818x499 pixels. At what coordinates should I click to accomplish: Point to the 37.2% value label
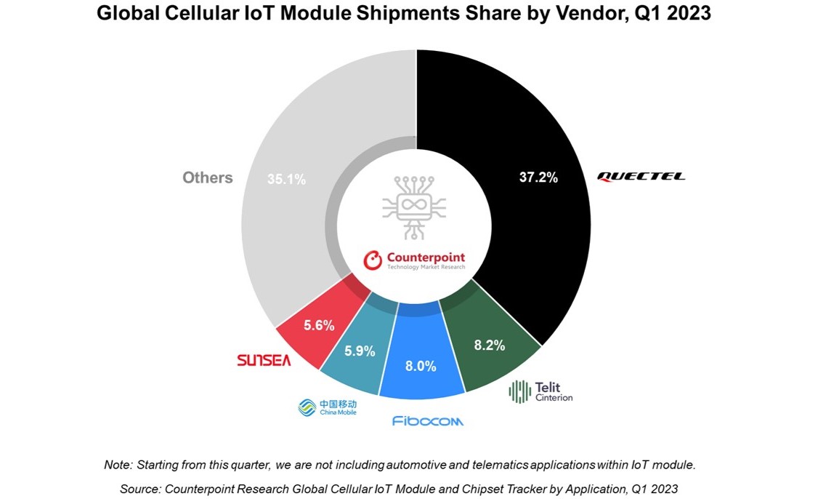[538, 177]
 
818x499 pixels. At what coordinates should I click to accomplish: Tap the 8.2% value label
[489, 346]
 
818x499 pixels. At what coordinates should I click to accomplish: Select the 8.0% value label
[421, 366]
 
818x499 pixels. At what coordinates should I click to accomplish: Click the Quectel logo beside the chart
[641, 177]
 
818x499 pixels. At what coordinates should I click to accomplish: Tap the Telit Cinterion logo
[541, 391]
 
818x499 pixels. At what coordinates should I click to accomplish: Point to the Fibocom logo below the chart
[427, 421]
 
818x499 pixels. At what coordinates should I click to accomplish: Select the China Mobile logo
[328, 407]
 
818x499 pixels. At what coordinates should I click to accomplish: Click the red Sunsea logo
[264, 360]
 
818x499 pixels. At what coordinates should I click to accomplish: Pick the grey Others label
[208, 177]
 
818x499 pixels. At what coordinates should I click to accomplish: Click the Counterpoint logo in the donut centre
[414, 260]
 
